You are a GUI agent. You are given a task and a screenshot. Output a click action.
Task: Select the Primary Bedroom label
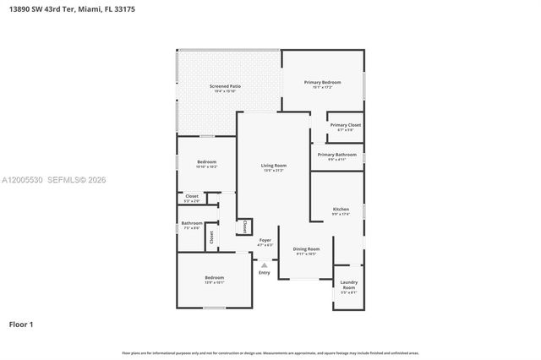pos(322,82)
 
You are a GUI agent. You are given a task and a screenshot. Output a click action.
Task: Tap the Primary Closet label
pos(345,125)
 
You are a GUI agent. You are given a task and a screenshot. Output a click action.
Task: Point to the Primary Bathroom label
pos(336,155)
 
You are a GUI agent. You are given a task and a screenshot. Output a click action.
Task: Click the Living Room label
pos(273,166)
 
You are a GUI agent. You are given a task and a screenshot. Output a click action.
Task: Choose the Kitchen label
pos(341,209)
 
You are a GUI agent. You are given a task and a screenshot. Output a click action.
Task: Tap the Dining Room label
pos(306,249)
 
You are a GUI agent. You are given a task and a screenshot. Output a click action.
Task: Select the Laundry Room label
pos(348,285)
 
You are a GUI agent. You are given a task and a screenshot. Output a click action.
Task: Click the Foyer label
pos(265,240)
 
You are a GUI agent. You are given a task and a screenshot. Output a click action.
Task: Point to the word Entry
pos(265,272)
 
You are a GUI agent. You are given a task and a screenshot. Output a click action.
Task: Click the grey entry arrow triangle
pos(265,265)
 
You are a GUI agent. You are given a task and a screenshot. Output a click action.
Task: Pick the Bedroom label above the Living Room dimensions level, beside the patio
pos(207,161)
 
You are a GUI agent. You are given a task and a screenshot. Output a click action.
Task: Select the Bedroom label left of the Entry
pos(214,278)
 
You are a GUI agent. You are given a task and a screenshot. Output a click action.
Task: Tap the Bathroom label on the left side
pos(191,224)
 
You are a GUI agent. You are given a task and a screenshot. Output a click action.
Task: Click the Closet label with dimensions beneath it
pos(192,196)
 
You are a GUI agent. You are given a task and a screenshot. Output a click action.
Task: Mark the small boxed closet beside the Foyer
pos(244,226)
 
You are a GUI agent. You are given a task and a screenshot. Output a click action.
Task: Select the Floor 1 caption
pos(21,324)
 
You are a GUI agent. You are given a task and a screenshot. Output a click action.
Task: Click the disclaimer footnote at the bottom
pos(270,352)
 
